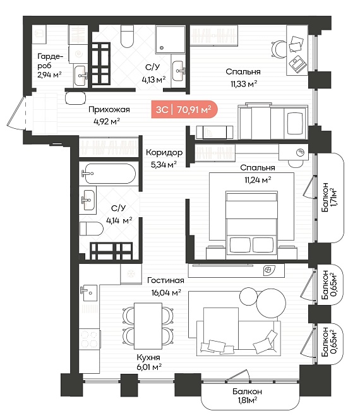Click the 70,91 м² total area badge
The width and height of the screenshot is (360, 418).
(x=184, y=109)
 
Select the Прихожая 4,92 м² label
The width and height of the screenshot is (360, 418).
(x=109, y=116)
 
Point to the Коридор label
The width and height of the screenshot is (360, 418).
(x=164, y=152)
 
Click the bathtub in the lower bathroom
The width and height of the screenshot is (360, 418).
(x=110, y=174)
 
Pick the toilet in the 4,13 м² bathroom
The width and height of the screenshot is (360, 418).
(x=127, y=36)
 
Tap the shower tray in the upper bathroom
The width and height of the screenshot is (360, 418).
(x=170, y=39)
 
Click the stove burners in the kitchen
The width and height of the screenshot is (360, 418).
(x=89, y=338)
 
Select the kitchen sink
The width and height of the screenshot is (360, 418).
(x=88, y=292)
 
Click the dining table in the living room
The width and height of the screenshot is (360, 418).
(x=148, y=326)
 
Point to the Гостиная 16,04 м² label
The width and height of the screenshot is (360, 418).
(x=166, y=286)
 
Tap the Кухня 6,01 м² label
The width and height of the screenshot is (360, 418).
(x=149, y=362)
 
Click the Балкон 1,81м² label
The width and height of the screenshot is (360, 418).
(x=247, y=396)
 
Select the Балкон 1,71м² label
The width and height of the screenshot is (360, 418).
(x=329, y=197)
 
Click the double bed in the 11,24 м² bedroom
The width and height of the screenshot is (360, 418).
(x=251, y=225)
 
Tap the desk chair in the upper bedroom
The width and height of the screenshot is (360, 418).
(x=278, y=49)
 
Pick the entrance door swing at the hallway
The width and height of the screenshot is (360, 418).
(x=16, y=113)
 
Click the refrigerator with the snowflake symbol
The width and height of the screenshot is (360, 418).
(x=131, y=273)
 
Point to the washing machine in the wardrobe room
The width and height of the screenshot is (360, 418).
(x=78, y=54)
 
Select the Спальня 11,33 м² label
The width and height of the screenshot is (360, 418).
(x=243, y=78)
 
